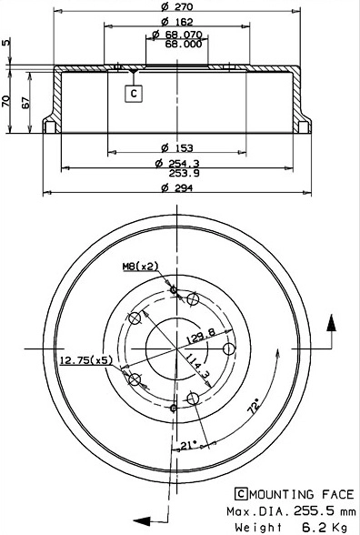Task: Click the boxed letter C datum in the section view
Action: tap(133, 93)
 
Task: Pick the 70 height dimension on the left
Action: tap(6, 101)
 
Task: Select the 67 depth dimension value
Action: tap(25, 101)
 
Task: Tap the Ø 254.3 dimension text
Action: tap(177, 162)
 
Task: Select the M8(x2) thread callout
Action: tap(141, 266)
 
